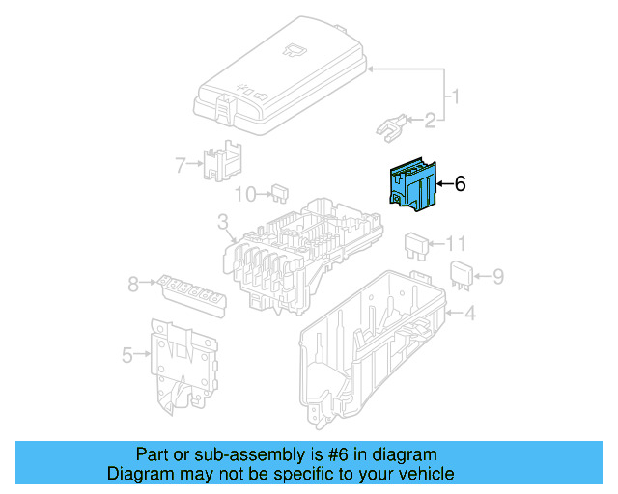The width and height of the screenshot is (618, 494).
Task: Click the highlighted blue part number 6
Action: [x=411, y=185]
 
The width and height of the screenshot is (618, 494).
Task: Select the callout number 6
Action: [x=461, y=183]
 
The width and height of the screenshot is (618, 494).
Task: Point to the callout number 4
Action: [x=469, y=313]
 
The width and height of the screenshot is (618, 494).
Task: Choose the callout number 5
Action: [x=126, y=356]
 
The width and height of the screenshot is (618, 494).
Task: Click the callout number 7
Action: [x=179, y=165]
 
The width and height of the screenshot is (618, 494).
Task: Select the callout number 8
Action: [x=132, y=284]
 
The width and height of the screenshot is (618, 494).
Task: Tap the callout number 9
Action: [x=498, y=277]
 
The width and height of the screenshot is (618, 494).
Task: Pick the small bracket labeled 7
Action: [x=222, y=160]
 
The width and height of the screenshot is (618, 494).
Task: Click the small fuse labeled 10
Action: [x=280, y=193]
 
